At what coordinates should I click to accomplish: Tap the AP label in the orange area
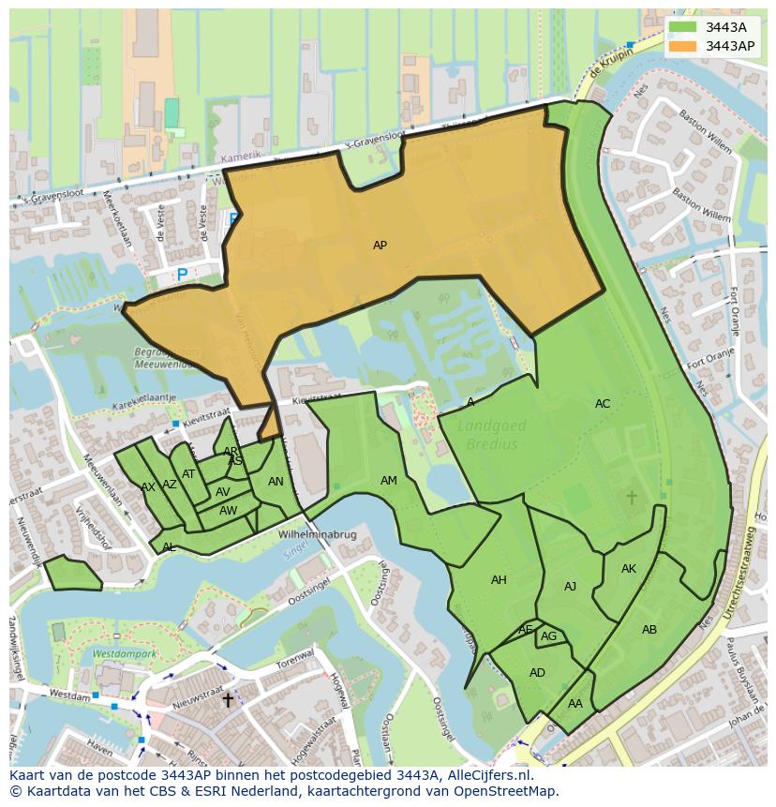coord(380,246)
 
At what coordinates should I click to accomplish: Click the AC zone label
coord(603,404)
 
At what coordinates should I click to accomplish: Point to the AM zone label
coord(389,481)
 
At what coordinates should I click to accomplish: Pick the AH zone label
coord(499,580)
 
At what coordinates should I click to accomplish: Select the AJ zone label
coord(570,587)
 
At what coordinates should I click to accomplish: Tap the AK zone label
coord(629,569)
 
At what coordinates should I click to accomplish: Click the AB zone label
coord(649,630)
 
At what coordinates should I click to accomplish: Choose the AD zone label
coord(537,673)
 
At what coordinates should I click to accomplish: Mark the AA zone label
coord(575,704)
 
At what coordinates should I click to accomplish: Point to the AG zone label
coord(549,636)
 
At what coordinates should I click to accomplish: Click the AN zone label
coord(276,482)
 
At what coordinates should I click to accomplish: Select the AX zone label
coord(148,487)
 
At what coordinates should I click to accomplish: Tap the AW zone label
coord(228,511)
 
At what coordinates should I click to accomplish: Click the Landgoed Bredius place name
coord(492,435)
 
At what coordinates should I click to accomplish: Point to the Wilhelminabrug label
coord(318,535)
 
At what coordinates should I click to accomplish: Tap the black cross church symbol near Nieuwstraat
coord(227,700)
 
